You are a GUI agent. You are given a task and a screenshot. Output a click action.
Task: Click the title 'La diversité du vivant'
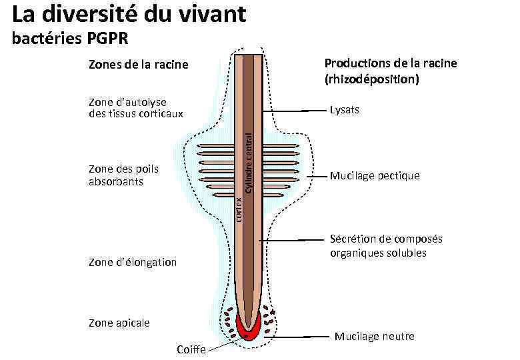point(129,14)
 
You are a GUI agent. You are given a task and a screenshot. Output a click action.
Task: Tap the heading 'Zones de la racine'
point(138,65)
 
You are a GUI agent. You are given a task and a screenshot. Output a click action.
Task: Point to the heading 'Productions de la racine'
point(390,63)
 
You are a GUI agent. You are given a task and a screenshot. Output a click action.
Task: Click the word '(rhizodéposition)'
point(371,79)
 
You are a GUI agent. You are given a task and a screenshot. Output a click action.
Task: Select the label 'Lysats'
point(344,110)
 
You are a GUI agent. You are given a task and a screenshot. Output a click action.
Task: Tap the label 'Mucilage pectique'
point(374,176)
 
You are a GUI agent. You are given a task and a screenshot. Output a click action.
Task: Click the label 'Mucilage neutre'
point(374,336)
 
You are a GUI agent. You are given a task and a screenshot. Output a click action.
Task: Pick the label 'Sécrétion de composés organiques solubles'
point(385,246)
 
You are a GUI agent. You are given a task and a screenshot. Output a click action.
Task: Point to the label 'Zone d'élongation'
point(132,263)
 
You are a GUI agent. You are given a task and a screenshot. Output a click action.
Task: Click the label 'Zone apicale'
point(119,323)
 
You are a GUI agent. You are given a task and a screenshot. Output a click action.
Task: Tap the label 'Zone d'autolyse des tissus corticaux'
point(135,107)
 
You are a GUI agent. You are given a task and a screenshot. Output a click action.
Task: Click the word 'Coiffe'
point(191,350)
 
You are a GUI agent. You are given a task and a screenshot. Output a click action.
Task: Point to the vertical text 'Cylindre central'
point(247,161)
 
